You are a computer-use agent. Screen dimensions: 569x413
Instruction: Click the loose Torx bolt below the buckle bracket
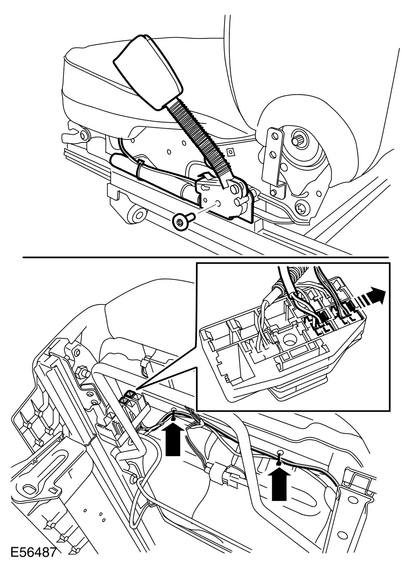(180, 221)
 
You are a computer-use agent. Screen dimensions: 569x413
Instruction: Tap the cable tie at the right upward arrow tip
(279, 455)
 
